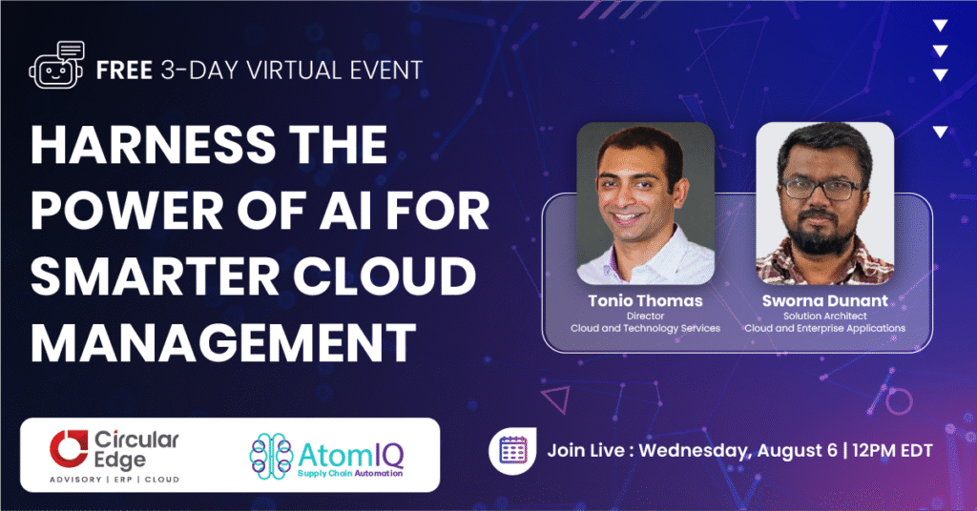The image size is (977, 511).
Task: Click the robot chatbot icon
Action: pyautogui.click(x=56, y=66)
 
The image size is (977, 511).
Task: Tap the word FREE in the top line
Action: pyautogui.click(x=125, y=71)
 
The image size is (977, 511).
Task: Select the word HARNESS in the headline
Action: pyautogui.click(x=153, y=144)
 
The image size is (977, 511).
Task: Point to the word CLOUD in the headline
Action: pyautogui.click(x=385, y=276)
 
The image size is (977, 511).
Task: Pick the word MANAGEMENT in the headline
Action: pyautogui.click(x=223, y=342)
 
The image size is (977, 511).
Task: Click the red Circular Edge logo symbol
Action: pyautogui.click(x=69, y=448)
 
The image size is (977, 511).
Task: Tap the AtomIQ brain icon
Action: pyautogui.click(x=271, y=457)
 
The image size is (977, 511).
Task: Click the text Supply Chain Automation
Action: pyautogui.click(x=349, y=474)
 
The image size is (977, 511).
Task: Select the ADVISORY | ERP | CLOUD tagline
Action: pyautogui.click(x=114, y=480)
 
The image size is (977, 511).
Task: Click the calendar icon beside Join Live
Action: pyautogui.click(x=512, y=451)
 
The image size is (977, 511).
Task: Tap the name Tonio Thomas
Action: pyautogui.click(x=645, y=301)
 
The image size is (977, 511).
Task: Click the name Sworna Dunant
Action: pyautogui.click(x=825, y=301)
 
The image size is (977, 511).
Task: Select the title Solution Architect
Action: pyautogui.click(x=825, y=317)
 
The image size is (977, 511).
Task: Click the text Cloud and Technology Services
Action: pyautogui.click(x=645, y=328)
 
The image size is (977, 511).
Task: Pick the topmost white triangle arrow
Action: pyautogui.click(x=940, y=26)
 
